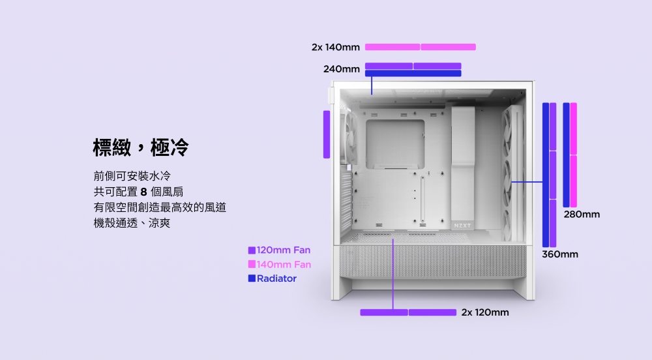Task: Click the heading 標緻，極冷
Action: click(141, 147)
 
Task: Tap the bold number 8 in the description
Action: click(144, 192)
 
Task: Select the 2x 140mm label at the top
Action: click(336, 48)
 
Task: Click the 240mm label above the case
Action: click(342, 69)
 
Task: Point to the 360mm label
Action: click(559, 254)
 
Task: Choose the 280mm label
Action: click(582, 215)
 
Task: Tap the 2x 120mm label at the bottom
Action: click(485, 312)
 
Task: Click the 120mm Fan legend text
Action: click(284, 250)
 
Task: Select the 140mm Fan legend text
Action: click(284, 264)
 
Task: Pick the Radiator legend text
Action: click(276, 278)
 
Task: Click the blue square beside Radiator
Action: click(252, 278)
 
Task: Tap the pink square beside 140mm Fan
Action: click(252, 264)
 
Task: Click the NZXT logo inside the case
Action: click(462, 225)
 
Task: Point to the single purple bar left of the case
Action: click(327, 134)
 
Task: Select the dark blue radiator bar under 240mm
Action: click(413, 74)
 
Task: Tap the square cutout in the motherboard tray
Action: click(395, 144)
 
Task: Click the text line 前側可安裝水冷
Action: click(132, 176)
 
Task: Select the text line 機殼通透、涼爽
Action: click(132, 223)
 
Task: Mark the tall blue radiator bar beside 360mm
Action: click(545, 175)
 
